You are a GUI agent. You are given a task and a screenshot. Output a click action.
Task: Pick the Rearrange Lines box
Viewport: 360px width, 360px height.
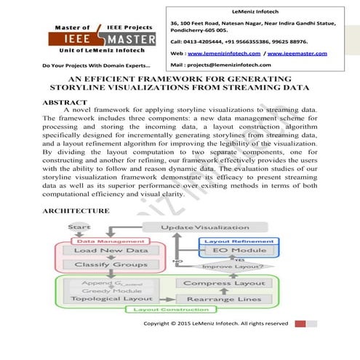coord(214,298)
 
